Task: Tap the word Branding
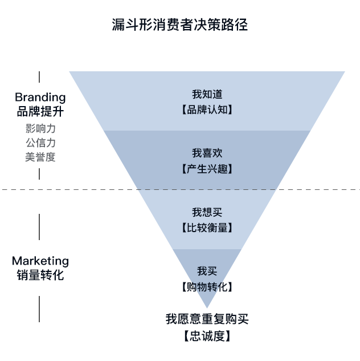point(40,98)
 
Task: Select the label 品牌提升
point(40,112)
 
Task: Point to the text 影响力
point(40,128)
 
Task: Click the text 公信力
point(40,143)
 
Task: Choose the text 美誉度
point(40,157)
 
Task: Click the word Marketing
point(40,261)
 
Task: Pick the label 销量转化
point(40,275)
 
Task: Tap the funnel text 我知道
point(207,95)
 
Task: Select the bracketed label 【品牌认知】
point(207,109)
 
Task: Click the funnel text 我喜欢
point(207,153)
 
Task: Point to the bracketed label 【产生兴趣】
point(207,169)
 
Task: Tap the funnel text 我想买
point(207,212)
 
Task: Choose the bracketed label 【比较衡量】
point(207,228)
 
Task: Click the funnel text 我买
point(207,271)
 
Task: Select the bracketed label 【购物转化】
point(207,287)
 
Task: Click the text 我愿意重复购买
point(207,319)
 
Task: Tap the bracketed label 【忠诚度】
point(207,336)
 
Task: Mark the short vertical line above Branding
point(39,78)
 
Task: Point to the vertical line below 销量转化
point(39,309)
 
